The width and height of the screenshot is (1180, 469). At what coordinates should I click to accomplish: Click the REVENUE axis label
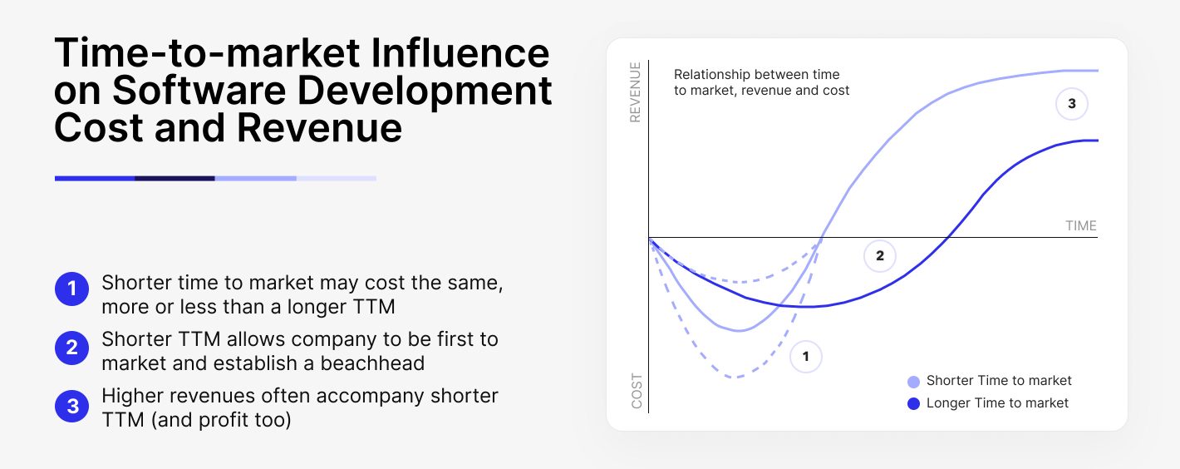click(x=636, y=92)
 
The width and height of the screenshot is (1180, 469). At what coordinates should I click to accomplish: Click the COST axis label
click(x=637, y=391)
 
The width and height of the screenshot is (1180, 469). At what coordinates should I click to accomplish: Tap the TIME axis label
click(x=1080, y=225)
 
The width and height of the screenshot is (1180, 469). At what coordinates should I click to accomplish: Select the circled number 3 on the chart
click(x=1071, y=104)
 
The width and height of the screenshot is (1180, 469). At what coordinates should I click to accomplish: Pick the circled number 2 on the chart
click(x=879, y=256)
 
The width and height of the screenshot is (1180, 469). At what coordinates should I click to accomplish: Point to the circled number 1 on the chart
click(x=804, y=357)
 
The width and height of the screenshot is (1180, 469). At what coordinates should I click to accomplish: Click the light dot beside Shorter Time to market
click(x=913, y=382)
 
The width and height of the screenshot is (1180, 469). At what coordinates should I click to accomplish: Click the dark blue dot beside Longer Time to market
click(x=913, y=404)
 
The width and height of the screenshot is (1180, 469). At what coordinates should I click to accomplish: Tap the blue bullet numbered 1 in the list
click(x=71, y=290)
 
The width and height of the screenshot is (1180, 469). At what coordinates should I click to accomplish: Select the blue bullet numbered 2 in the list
click(x=71, y=348)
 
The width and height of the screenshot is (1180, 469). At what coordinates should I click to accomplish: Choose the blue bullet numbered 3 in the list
click(x=71, y=406)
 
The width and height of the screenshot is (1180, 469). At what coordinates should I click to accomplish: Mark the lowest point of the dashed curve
click(x=734, y=378)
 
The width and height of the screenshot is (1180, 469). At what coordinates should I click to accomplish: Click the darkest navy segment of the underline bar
click(x=175, y=178)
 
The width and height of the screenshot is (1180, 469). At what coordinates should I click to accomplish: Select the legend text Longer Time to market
click(x=997, y=403)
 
